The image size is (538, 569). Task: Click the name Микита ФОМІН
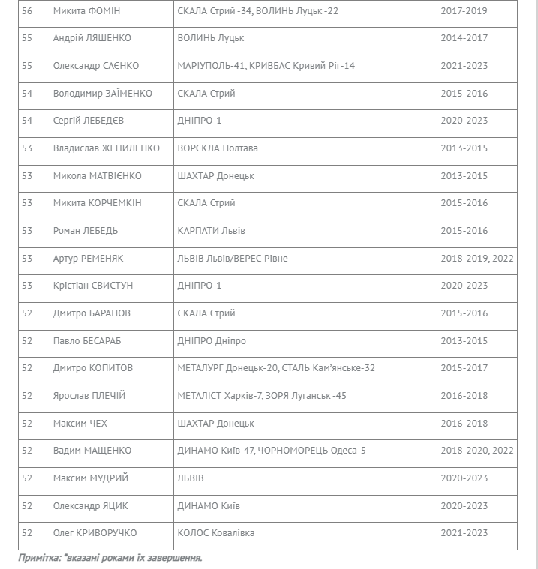[x=86, y=11]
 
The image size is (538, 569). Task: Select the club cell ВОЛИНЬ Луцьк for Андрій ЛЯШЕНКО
[x=211, y=38]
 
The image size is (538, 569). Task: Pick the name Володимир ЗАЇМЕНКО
[x=103, y=94]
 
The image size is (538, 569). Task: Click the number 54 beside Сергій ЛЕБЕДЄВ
[x=27, y=121]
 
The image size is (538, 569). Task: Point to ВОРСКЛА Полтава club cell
[x=218, y=148]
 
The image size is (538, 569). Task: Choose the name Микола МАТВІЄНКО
[x=98, y=176]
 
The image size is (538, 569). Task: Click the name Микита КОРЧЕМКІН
[x=98, y=203]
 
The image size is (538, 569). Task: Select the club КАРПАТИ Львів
[x=212, y=231]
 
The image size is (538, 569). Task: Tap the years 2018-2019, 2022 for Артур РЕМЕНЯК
[x=477, y=259]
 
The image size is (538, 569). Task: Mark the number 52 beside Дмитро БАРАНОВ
[x=27, y=313]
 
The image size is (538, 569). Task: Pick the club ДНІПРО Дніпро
[x=212, y=341]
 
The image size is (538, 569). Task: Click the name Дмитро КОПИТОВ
[x=93, y=368]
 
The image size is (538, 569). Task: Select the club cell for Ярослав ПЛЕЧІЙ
[x=262, y=396]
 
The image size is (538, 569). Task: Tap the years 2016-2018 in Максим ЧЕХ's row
[x=464, y=424]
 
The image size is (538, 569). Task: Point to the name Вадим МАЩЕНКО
[x=92, y=451]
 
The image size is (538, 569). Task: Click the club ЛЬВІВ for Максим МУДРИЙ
[x=191, y=478]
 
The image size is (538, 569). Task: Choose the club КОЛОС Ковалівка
[x=216, y=533]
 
